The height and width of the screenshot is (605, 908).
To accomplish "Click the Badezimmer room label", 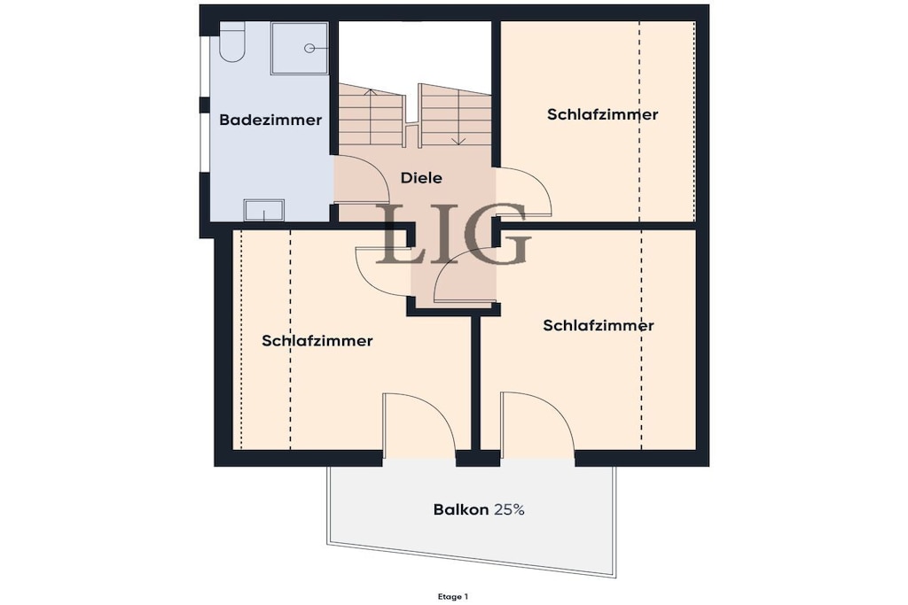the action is click(x=270, y=120).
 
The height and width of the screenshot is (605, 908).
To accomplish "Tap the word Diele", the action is click(x=421, y=177).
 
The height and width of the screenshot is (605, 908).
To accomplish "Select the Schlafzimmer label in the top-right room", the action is click(x=602, y=114).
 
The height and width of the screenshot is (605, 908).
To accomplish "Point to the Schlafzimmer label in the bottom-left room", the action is click(x=317, y=341).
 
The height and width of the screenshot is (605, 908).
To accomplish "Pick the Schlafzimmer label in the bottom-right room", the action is click(x=599, y=326).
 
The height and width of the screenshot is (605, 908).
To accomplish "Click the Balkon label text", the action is click(x=461, y=509).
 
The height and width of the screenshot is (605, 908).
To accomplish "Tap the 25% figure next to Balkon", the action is click(x=509, y=509).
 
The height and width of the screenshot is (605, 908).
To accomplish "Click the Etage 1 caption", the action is click(x=453, y=596).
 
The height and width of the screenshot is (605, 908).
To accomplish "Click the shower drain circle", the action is click(x=309, y=49).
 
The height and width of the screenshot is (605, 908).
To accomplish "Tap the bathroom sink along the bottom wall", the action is click(x=264, y=210).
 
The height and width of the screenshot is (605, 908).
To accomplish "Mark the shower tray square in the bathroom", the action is click(x=300, y=49).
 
